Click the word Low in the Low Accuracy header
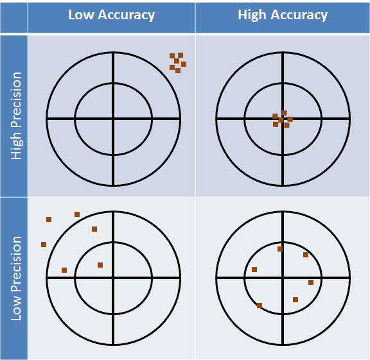pos(81,15)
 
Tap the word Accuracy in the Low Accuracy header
pos(126,15)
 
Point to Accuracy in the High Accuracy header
pos(299,15)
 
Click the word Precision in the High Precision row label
pos(17,99)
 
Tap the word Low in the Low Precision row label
pos(17,307)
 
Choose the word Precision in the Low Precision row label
pos(17,264)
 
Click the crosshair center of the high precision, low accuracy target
pos(113,119)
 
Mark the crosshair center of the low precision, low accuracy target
pos(113,279)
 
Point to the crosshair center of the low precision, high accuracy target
pos(283,279)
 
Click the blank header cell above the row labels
pos(13,18)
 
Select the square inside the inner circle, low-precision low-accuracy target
pos(100,265)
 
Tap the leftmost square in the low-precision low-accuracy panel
pos(44,244)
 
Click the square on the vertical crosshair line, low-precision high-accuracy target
pos(280,249)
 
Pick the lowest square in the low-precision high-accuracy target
pos(260,305)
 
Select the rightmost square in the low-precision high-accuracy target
pos(311,282)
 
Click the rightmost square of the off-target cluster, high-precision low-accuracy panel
pos(184,64)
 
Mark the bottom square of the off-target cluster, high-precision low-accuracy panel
pos(178,71)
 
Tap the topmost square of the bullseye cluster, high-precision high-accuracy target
pos(285,113)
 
